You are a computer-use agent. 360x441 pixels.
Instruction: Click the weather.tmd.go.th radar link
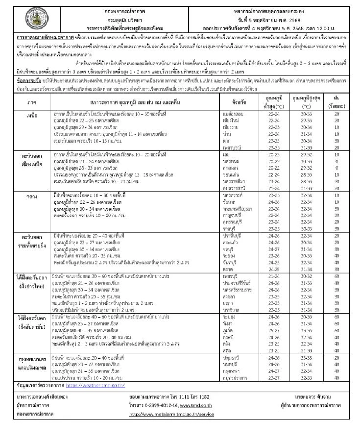click(95, 385)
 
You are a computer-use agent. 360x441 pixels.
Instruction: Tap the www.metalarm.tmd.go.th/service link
click(171, 414)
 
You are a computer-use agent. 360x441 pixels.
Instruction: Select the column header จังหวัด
click(239, 102)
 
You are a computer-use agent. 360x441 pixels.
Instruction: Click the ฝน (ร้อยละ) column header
click(336, 102)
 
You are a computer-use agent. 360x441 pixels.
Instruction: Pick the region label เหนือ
click(32, 116)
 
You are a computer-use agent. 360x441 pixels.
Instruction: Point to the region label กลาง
click(32, 197)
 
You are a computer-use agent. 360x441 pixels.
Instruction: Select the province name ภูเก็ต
click(228, 331)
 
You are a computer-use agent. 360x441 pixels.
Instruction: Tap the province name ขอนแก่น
click(231, 175)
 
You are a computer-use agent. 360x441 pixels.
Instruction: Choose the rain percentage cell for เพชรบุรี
click(337, 276)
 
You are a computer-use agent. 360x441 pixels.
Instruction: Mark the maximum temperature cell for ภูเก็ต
click(306, 331)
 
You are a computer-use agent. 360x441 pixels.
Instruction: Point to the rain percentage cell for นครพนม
click(337, 162)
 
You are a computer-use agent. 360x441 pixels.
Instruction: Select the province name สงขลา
click(229, 297)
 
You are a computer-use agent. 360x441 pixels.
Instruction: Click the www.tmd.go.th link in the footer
click(196, 406)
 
